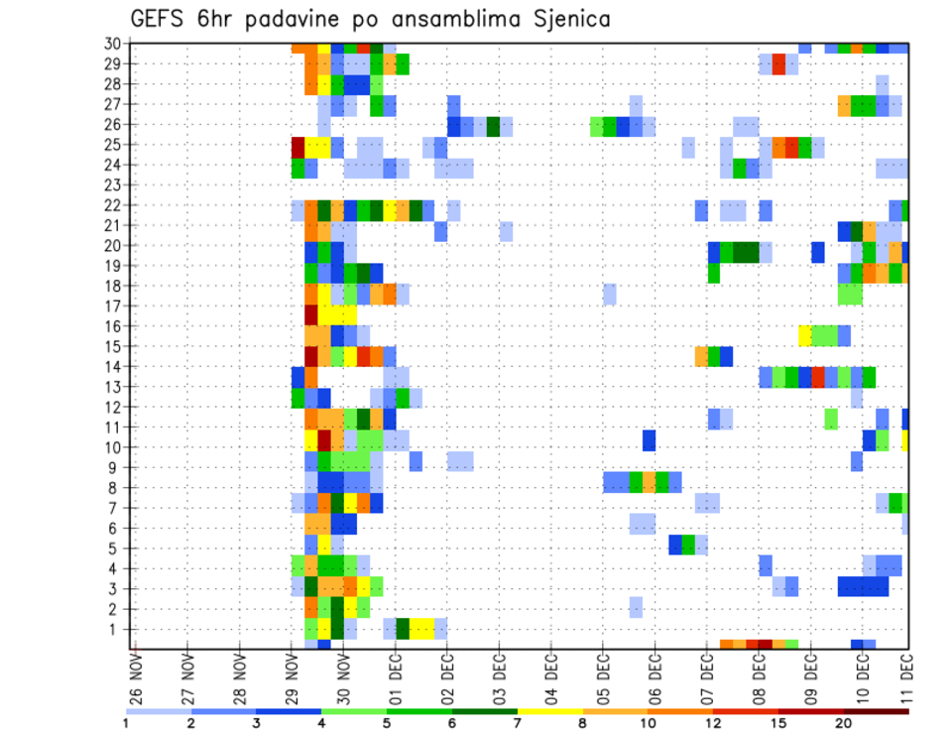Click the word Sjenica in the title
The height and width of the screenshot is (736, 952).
[567, 19]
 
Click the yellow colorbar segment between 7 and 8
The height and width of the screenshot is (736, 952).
[549, 711]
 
